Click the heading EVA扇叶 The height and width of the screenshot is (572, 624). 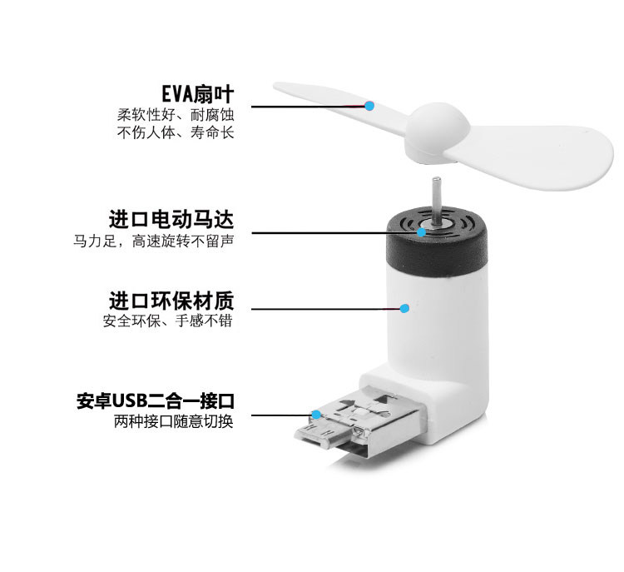click(197, 92)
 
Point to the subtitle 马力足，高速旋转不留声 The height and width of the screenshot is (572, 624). click(153, 241)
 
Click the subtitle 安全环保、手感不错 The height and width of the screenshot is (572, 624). click(167, 321)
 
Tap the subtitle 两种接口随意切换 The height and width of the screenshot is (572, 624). click(173, 421)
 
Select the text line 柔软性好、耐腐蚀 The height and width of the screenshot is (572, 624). click(175, 113)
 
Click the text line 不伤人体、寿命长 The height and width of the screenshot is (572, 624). click(175, 132)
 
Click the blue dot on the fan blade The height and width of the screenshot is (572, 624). click(369, 106)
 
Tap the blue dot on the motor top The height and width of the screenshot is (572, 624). click(423, 231)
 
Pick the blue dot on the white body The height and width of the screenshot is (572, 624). click(405, 309)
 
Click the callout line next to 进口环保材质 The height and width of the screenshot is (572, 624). click(324, 309)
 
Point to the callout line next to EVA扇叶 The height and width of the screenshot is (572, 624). click(308, 106)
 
